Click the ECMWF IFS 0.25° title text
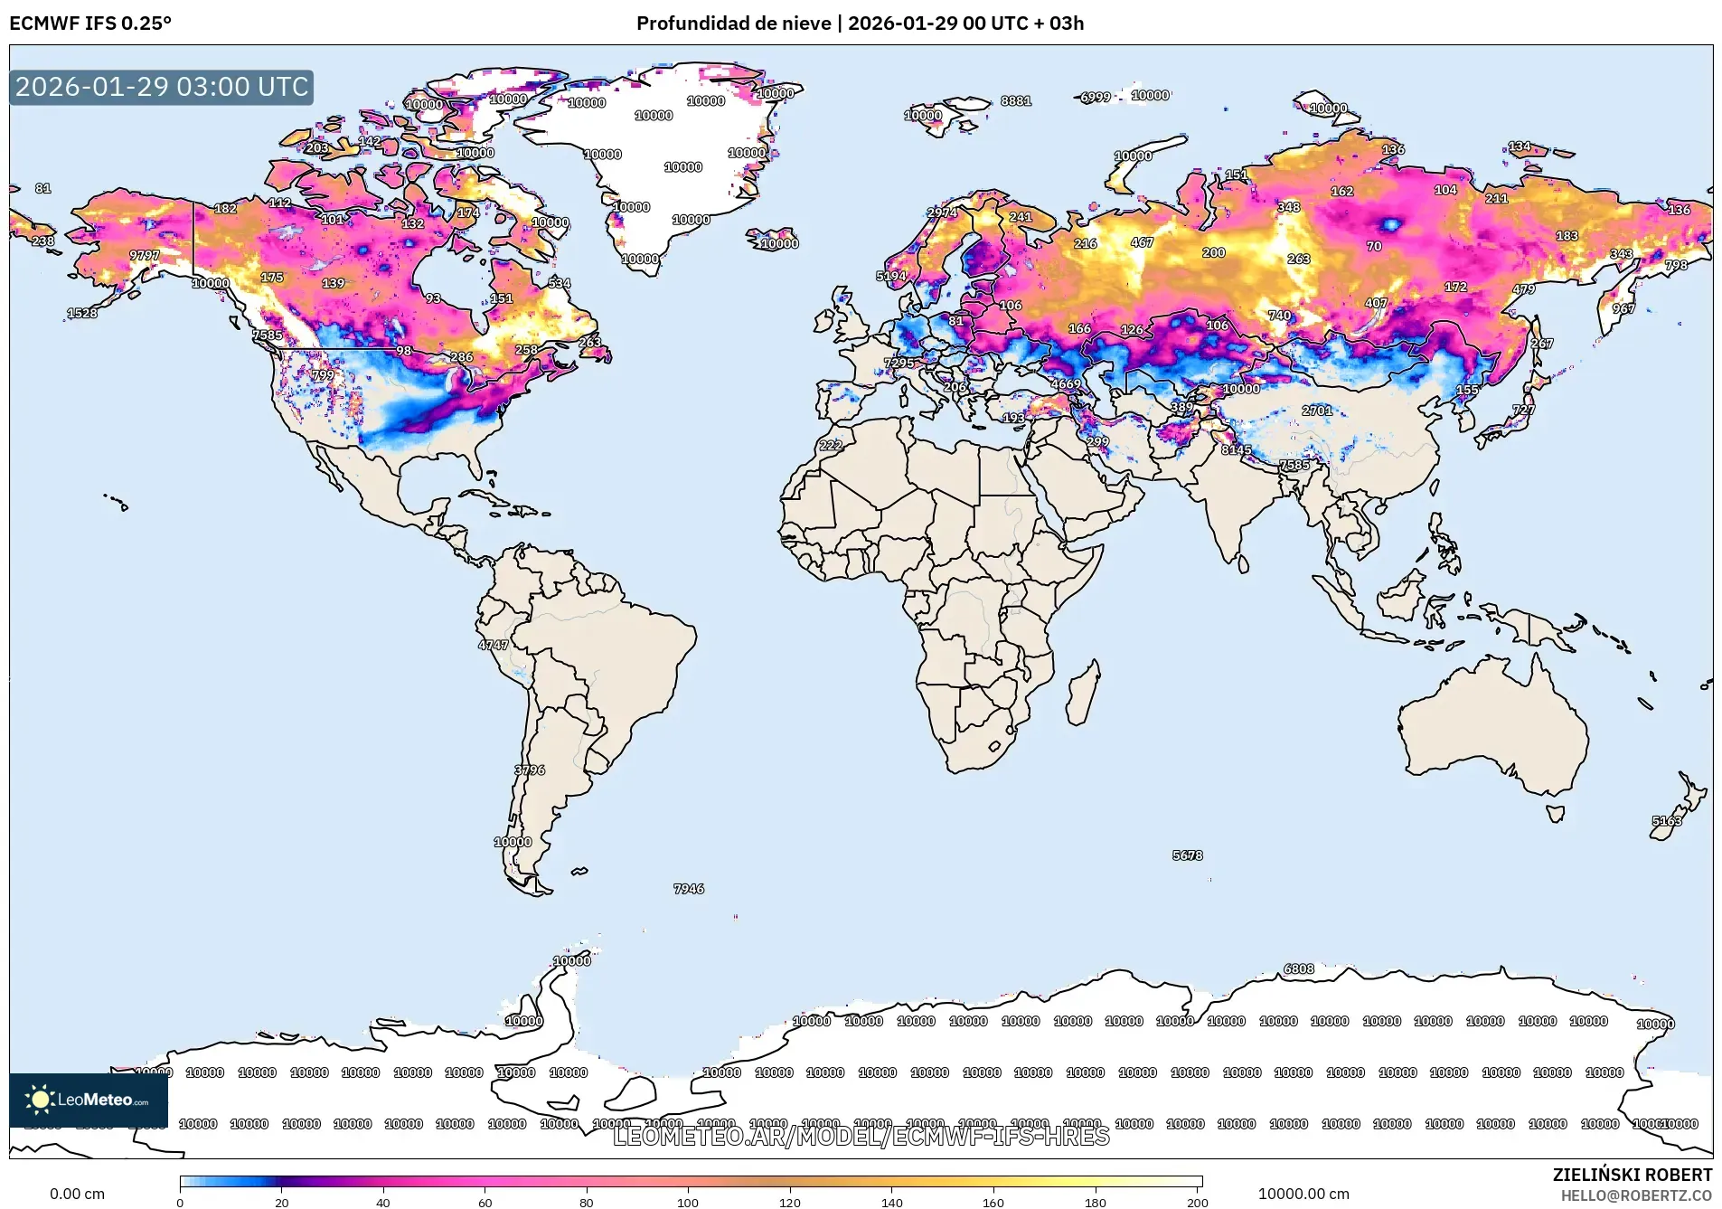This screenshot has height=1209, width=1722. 90,24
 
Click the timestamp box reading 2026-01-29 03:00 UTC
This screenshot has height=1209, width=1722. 162,87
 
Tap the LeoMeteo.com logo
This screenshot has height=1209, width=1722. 89,1100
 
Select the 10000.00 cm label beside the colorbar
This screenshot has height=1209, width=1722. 1303,1194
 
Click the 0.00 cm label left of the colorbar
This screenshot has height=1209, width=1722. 77,1194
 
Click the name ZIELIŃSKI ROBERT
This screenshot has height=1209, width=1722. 1632,1175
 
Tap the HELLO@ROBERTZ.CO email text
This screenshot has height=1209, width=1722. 1635,1195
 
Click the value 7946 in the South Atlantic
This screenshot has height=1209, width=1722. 689,889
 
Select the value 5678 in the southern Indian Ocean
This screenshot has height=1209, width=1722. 1187,855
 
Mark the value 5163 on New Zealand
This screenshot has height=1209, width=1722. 1667,821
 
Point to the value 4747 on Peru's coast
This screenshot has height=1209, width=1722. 494,645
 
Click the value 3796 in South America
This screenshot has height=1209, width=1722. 530,770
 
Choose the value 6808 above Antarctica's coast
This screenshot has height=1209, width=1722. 1299,968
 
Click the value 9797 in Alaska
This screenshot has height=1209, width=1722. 145,255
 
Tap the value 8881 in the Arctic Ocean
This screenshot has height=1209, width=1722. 1016,100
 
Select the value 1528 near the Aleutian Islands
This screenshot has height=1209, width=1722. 82,313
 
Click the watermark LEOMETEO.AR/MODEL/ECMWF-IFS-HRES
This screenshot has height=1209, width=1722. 861,1136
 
